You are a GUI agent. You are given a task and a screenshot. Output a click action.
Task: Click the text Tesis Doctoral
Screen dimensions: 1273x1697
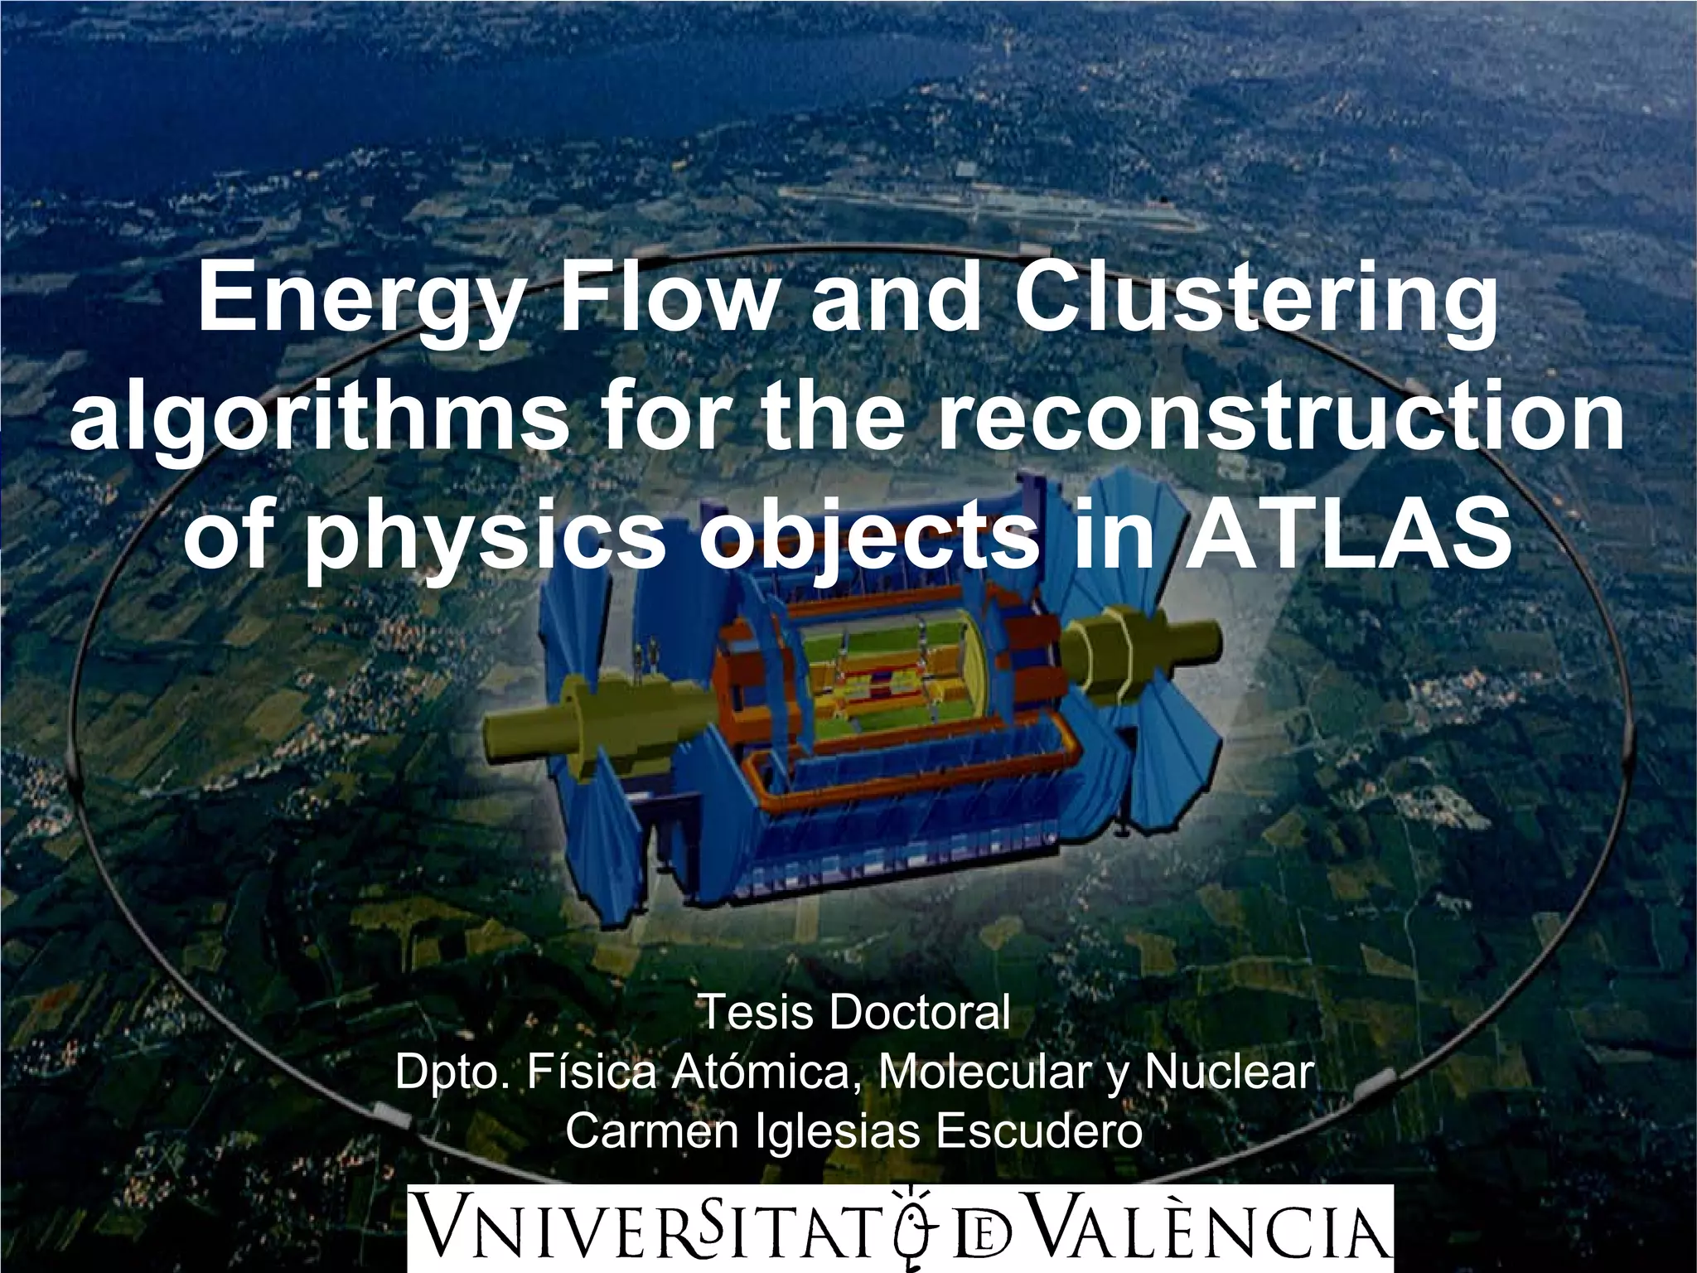855,1013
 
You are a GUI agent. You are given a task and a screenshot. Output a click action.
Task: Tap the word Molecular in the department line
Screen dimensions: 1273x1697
984,1072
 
